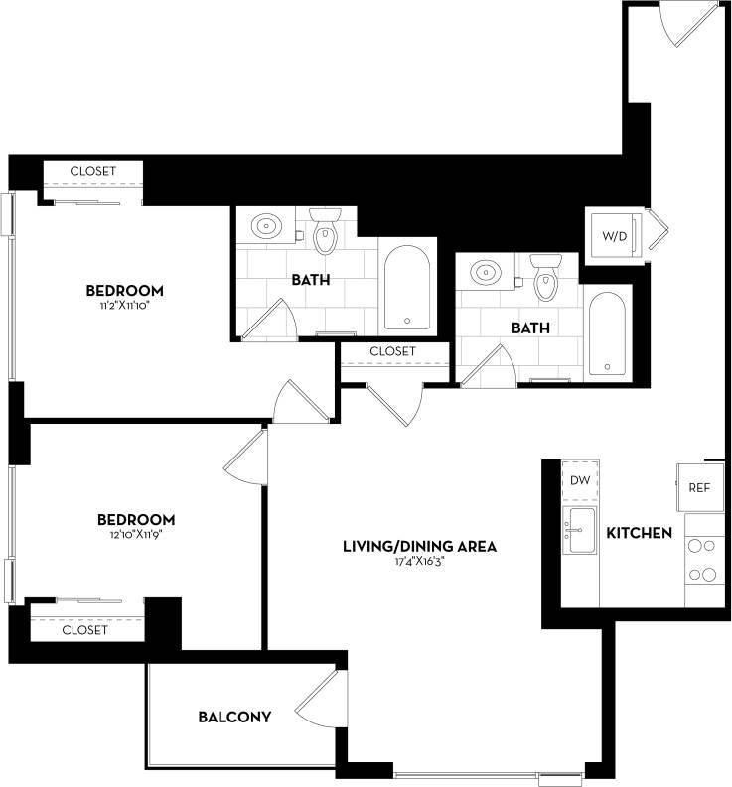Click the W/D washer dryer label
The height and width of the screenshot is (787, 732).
tap(615, 237)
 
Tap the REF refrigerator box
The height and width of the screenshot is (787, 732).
tap(700, 487)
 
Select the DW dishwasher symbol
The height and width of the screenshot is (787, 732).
tap(580, 480)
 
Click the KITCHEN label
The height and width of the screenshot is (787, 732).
tap(639, 533)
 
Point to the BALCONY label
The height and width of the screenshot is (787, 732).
tap(234, 716)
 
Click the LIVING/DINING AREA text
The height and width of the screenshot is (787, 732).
tap(419, 546)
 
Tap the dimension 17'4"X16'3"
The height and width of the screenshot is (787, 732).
tap(419, 562)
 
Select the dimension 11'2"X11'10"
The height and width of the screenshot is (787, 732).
tap(124, 306)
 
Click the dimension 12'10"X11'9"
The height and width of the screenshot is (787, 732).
tap(136, 535)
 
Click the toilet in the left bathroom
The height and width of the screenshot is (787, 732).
tap(325, 232)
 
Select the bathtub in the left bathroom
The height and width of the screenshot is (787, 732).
tap(406, 286)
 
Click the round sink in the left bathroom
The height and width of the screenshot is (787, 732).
tap(267, 226)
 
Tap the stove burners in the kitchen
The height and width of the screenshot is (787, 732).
tap(703, 559)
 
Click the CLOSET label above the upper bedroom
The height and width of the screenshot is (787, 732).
tap(92, 171)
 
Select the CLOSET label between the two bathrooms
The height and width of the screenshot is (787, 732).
tap(392, 351)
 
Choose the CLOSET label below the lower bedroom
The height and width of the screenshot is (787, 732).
tap(84, 630)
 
